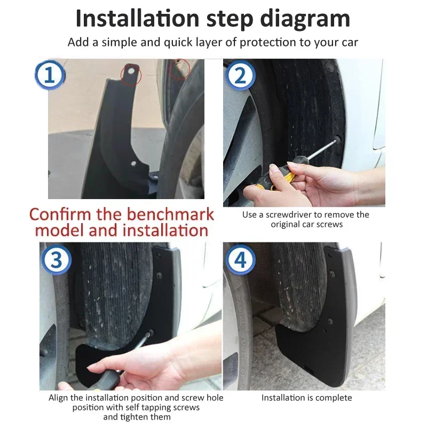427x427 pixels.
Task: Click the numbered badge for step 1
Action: [x=50, y=75]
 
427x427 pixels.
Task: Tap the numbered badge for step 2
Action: [x=240, y=75]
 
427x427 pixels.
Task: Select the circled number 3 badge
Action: [x=56, y=259]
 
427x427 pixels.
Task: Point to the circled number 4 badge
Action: [x=240, y=259]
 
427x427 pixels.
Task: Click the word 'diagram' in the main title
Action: [x=305, y=19]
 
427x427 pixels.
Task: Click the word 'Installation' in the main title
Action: [x=138, y=18]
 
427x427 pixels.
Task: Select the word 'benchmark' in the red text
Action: [x=170, y=214]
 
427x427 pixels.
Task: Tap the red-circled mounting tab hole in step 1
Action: [x=131, y=72]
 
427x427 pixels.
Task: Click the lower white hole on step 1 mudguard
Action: [x=133, y=163]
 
